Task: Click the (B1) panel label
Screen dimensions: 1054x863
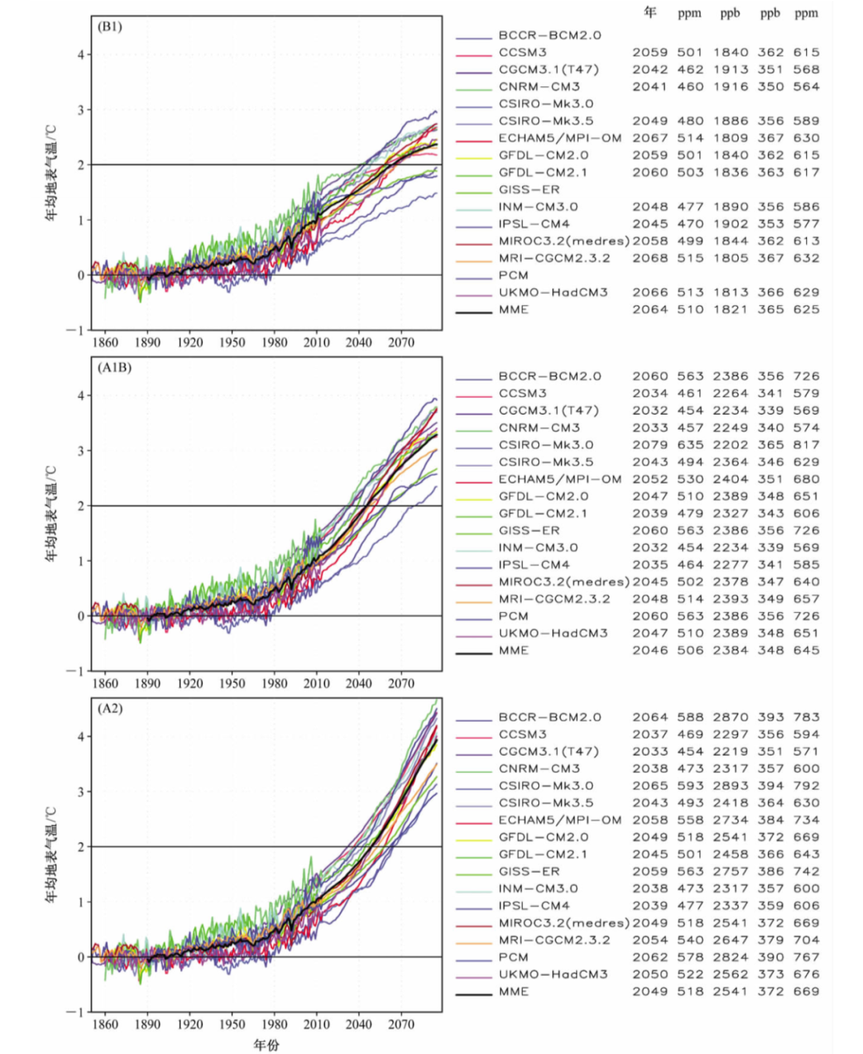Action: pos(110,26)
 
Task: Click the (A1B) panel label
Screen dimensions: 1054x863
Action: pos(114,368)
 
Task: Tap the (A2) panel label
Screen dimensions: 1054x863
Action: pos(110,709)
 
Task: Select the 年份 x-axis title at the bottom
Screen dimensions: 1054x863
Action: pos(266,1044)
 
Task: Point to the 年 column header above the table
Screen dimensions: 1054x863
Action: pos(650,12)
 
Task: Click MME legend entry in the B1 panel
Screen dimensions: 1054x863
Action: pos(513,310)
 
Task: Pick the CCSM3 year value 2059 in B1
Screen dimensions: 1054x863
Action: pos(650,53)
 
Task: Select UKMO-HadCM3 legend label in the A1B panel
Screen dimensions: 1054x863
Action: pos(553,634)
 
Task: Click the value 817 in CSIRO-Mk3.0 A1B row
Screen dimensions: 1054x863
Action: pos(806,445)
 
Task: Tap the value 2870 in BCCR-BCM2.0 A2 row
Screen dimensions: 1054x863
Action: pos(730,718)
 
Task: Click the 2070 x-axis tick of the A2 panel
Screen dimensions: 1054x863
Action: pos(401,1024)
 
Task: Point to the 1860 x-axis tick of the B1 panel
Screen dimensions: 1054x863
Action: pos(105,342)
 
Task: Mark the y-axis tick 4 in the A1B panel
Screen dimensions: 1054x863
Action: pos(81,396)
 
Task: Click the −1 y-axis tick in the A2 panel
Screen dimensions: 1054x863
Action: pos(77,1012)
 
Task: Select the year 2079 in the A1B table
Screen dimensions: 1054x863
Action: pos(650,445)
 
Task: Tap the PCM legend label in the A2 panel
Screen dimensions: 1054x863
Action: pos(513,957)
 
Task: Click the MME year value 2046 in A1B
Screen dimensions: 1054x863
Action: pos(650,650)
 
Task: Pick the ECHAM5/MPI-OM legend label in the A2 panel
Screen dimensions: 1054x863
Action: pos(559,821)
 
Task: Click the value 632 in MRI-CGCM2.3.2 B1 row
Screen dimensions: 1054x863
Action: pos(806,258)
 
